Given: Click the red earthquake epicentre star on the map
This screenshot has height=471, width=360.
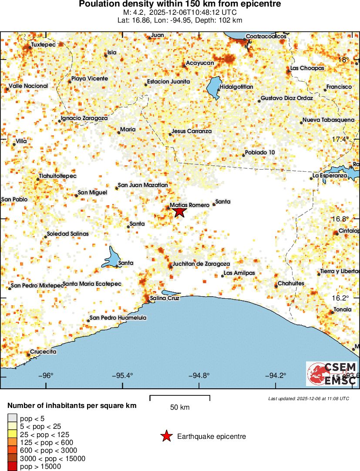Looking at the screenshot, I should pos(180,212).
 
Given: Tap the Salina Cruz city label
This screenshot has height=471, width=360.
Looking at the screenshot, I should pos(164,298).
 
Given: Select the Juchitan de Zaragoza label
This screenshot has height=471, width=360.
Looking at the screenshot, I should pos(201,264).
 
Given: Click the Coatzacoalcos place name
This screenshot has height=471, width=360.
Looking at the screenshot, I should pos(266,37).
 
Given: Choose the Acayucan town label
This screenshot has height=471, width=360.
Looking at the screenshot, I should pos(200,63).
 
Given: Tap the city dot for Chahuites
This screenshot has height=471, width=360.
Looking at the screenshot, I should pos(276,286).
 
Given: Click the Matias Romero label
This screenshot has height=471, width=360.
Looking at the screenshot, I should pos(187,204).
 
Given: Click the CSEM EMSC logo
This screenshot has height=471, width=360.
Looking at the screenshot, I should pos(332,373).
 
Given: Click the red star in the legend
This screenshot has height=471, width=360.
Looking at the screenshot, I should pos(166,436).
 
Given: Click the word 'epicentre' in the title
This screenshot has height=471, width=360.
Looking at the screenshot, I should pos(260,4).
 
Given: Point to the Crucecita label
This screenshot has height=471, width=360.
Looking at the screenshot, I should pos(43,352).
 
